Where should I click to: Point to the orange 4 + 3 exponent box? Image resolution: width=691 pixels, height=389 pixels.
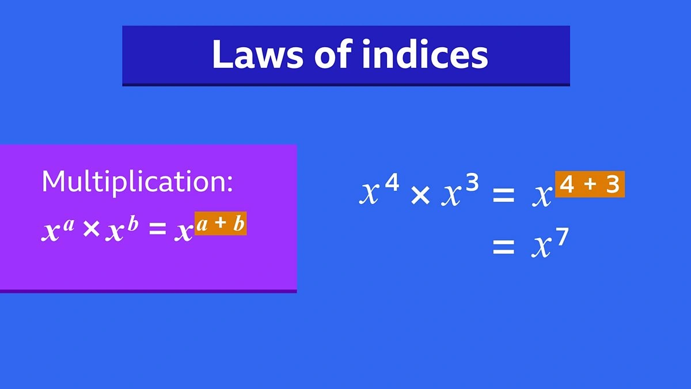590,185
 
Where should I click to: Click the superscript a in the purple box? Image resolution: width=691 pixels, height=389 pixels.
69,224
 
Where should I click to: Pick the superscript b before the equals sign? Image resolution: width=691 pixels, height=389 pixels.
133,224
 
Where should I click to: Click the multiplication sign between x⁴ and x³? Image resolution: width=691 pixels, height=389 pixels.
420,197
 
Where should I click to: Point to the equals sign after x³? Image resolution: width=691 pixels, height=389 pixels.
503,197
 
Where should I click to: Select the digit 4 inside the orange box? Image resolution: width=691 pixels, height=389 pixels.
567,185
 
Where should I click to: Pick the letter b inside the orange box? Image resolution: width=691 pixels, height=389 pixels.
238,224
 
